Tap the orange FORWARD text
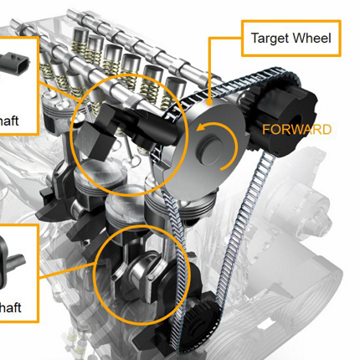tap(296, 130)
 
